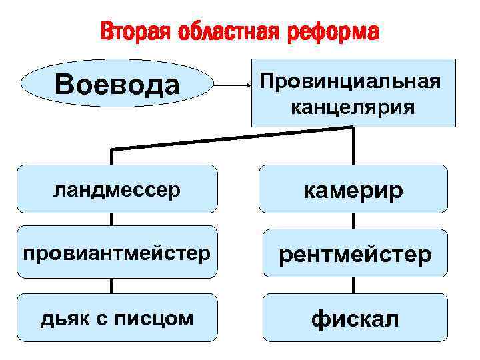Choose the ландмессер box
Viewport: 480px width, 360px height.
(117, 189)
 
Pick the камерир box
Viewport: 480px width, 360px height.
(353, 189)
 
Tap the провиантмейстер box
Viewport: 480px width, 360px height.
(117, 253)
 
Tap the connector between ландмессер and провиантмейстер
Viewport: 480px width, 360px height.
(112, 219)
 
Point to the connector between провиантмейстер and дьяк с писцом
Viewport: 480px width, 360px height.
(112, 285)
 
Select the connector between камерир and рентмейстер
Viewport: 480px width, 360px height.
(353, 221)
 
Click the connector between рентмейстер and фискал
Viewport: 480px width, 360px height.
(353, 285)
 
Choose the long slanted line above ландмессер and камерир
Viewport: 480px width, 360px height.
(233, 138)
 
